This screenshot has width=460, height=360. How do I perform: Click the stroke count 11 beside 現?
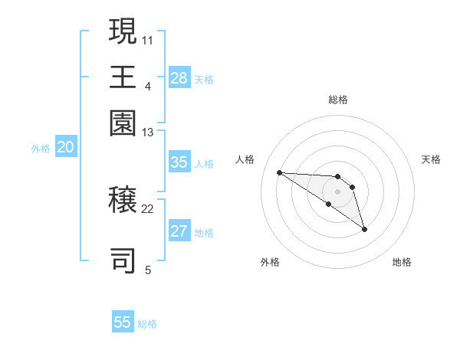coord(148,39)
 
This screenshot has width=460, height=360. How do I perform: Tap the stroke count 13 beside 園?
coord(148,133)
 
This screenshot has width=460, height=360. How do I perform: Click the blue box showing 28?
coord(179,78)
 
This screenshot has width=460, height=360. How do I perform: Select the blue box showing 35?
coord(179,162)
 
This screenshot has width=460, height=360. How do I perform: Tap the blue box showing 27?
coord(179,232)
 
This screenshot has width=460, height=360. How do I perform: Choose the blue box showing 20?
coord(65,148)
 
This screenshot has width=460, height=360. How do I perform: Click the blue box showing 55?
coord(123,322)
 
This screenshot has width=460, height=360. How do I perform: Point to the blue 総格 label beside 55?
coord(147,324)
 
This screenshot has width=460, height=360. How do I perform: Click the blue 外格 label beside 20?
coord(41,149)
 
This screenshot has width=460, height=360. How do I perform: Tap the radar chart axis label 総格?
coord(337,100)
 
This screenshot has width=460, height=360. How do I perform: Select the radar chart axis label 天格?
coord(431,159)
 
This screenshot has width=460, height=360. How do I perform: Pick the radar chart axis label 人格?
coord(245,159)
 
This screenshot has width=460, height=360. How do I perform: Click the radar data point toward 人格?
coord(279,172)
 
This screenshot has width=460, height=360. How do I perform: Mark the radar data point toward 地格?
coord(364,228)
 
